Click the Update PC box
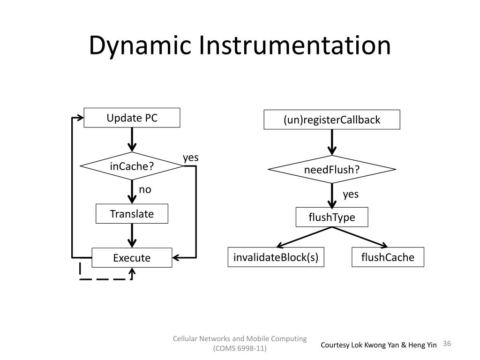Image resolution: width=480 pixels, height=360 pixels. [x=132, y=118]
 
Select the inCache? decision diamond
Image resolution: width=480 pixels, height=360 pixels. [x=132, y=166]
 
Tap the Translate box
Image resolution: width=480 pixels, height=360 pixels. [x=132, y=214]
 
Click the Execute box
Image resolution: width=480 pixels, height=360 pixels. [x=132, y=258]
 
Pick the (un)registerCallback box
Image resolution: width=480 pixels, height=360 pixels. [x=332, y=120]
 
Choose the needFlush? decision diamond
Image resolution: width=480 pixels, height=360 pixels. [x=332, y=169]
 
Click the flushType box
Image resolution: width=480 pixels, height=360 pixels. [x=332, y=217]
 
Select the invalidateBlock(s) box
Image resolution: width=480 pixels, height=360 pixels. [x=276, y=257]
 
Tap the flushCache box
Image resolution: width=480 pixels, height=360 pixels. [x=388, y=257]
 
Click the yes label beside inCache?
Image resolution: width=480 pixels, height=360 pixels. [x=191, y=157]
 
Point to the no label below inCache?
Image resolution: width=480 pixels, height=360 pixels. [x=145, y=189]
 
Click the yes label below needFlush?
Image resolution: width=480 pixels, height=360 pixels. [x=351, y=194]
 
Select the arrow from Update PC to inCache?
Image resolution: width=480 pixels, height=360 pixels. [x=132, y=140]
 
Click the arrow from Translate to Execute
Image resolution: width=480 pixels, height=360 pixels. [x=132, y=235]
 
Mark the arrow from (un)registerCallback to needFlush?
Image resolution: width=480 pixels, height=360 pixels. [x=332, y=142]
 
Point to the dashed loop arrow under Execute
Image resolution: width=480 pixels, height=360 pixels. [x=105, y=279]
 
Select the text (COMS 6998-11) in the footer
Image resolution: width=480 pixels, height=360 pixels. [x=240, y=349]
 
